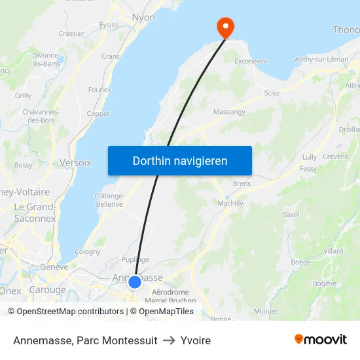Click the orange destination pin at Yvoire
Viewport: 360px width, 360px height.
[225, 27]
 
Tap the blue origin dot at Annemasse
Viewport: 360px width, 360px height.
[135, 282]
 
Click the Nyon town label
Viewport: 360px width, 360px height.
[143, 18]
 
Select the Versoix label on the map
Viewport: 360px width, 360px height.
[76, 162]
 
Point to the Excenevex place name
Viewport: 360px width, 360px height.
[251, 61]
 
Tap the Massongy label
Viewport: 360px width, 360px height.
[229, 112]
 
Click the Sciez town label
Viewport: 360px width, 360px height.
[272, 93]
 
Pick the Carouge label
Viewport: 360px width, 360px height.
[48, 289]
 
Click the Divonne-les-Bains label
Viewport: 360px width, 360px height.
[47, 60]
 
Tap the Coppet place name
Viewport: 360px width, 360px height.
[98, 113]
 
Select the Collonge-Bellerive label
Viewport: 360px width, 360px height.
[109, 200]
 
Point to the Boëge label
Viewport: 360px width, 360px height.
[300, 262]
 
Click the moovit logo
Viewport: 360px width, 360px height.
[321, 339]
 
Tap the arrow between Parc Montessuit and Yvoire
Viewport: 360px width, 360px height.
[169, 340]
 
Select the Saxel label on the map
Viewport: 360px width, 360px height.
[291, 214]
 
